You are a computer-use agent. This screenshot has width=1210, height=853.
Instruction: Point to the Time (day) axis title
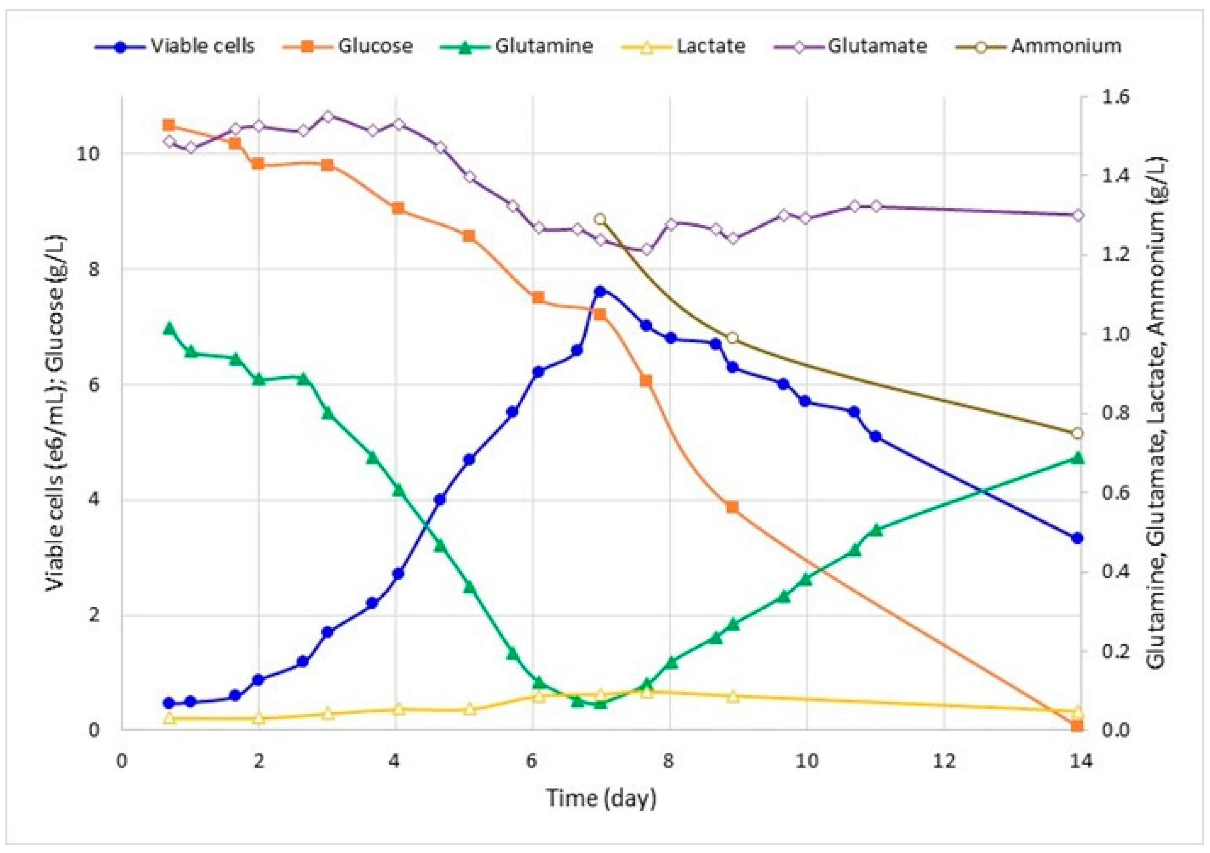(601, 798)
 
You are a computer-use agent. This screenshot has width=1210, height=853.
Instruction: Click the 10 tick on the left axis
(88, 154)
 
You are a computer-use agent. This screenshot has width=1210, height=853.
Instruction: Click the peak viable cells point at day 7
(600, 291)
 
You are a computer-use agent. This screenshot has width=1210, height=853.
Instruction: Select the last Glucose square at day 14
(1077, 726)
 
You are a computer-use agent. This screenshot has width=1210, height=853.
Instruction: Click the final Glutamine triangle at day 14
(1077, 457)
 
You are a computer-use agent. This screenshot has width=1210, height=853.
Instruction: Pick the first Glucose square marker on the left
(169, 125)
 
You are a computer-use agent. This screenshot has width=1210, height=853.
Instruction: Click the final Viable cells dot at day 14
(1077, 538)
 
